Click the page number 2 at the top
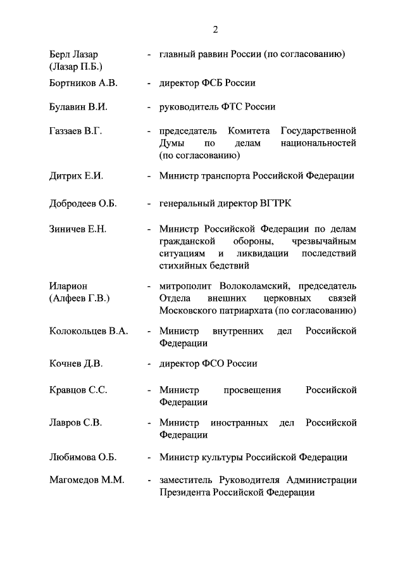point(216,29)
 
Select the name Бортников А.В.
point(83,83)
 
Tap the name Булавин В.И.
point(78,107)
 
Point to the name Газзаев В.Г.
point(76,131)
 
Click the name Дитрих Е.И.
point(76,176)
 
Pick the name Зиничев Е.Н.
point(78,229)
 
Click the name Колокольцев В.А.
point(89,331)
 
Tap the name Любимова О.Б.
point(82,457)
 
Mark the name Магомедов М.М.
point(86,481)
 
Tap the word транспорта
point(225,176)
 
